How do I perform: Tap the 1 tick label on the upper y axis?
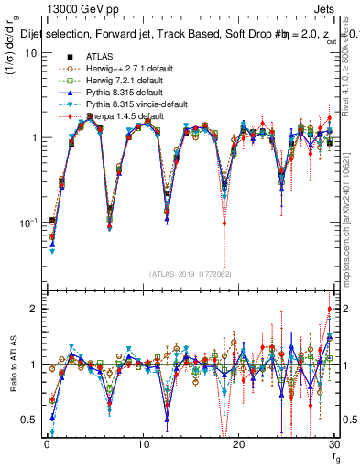click(33, 137)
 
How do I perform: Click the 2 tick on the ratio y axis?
click(33, 309)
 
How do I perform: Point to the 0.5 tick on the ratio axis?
click(28, 420)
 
